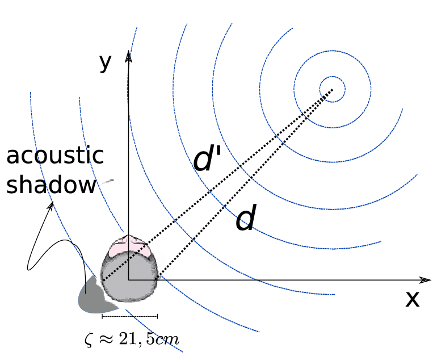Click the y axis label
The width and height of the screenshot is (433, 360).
105,63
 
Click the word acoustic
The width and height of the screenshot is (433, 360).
55,156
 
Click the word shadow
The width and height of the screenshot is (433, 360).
51,185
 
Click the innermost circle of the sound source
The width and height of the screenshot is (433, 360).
332,90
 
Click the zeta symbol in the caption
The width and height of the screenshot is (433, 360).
87,340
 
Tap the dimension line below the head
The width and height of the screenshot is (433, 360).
129,316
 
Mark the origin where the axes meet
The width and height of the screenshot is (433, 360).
129,280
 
